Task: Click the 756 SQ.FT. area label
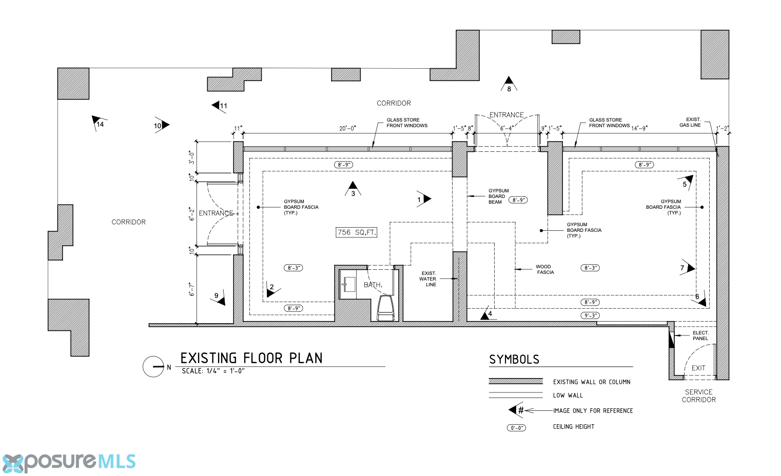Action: [x=356, y=232]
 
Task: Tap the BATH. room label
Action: [x=373, y=285]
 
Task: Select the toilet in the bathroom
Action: [x=385, y=308]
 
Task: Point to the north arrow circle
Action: [x=153, y=367]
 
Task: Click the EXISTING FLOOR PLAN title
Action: [x=251, y=358]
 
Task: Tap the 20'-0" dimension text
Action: [x=347, y=129]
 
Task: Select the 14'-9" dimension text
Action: [x=639, y=128]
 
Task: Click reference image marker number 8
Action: [x=509, y=84]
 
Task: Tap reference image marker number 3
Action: [x=353, y=189]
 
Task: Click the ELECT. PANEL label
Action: [x=700, y=335]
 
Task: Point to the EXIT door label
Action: [x=698, y=368]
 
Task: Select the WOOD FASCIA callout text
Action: [x=544, y=269]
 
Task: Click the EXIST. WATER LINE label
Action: [x=428, y=279]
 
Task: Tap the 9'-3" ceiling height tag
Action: [x=590, y=315]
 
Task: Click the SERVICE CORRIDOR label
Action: [x=699, y=396]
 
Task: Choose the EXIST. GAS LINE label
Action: [x=690, y=122]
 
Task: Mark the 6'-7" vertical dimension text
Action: [x=192, y=289]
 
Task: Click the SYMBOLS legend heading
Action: [x=514, y=359]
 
